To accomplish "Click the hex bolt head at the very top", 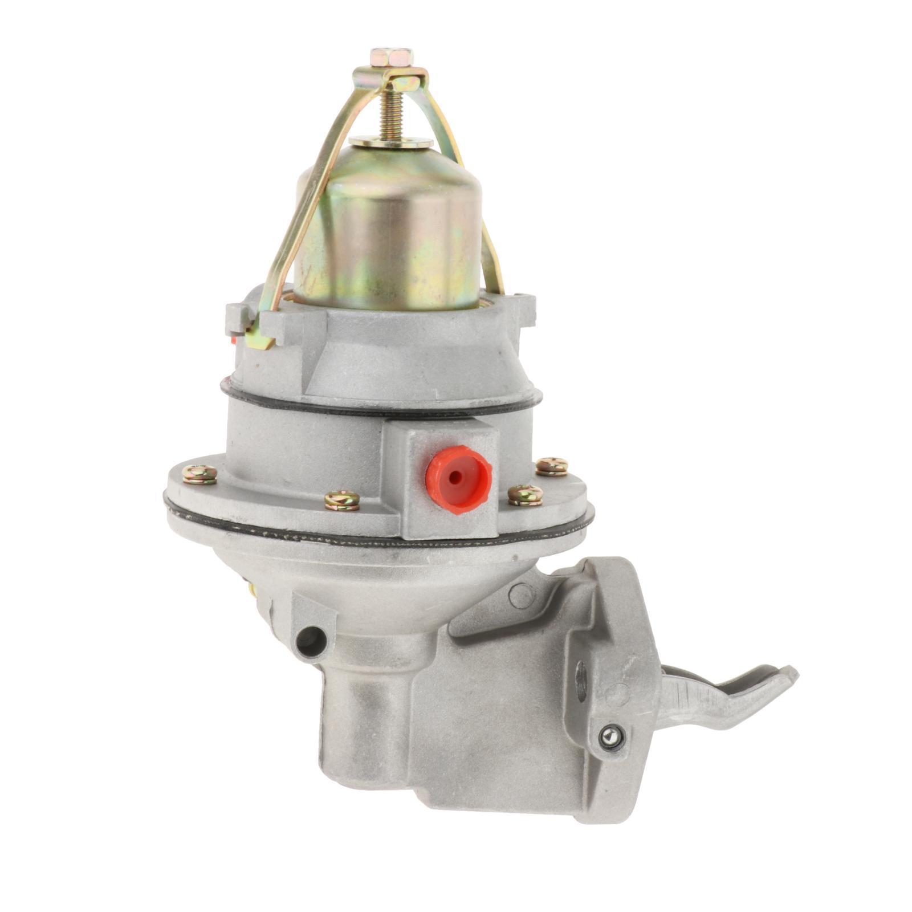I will (x=391, y=58).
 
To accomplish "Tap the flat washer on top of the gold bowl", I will (x=391, y=142).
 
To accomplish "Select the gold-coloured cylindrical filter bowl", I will (x=388, y=228).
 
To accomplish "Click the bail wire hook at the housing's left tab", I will (x=260, y=340).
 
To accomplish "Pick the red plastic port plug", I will (x=458, y=478).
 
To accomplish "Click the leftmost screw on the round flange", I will (x=200, y=474).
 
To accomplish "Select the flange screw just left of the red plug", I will (x=342, y=500).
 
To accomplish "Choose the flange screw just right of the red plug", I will (x=525, y=495).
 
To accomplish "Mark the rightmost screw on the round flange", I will (x=552, y=466).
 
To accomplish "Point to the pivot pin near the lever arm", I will (x=612, y=738).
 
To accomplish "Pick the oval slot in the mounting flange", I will (x=581, y=681).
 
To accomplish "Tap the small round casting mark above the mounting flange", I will (x=522, y=596).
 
